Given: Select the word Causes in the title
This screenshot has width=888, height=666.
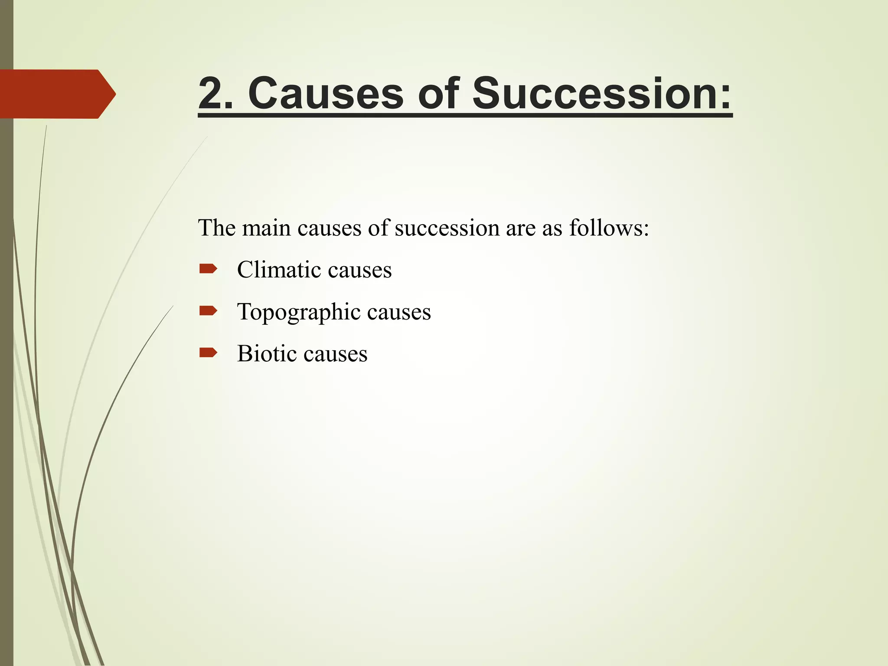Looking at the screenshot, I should pos(326,94).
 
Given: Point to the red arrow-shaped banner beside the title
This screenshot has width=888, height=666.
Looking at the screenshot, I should pos(56,94).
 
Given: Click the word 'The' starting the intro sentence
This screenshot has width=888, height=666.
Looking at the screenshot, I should pos(216,228).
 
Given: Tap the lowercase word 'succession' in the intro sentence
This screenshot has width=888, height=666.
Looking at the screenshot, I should pos(447,228).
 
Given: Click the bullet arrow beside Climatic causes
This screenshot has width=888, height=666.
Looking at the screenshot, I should pos(208,269).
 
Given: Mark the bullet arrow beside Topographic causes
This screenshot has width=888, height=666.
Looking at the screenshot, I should pos(208,311).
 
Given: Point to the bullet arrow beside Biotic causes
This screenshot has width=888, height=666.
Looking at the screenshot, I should pos(208,353).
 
